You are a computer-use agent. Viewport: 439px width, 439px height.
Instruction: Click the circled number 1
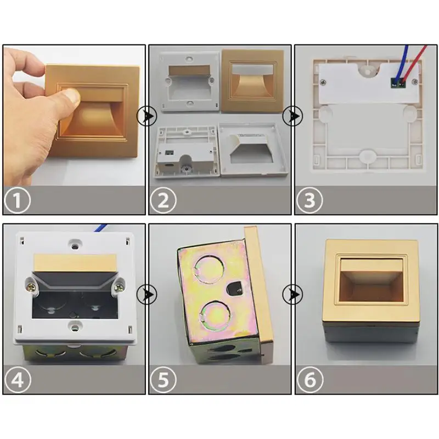18,200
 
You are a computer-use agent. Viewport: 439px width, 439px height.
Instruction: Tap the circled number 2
164,200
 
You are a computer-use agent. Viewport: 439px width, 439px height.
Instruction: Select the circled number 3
309,200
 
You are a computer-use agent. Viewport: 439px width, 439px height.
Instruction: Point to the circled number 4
18,380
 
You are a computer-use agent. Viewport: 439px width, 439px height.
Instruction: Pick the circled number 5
164,380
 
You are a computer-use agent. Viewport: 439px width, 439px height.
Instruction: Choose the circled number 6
309,380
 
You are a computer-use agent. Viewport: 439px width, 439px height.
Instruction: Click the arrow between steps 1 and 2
147,116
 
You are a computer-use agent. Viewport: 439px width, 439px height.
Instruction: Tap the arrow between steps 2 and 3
292,116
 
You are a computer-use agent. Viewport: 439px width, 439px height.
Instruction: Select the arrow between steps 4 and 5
147,294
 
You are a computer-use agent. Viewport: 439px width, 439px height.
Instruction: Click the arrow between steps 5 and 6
292,294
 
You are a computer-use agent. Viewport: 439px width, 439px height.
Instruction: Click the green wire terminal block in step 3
398,82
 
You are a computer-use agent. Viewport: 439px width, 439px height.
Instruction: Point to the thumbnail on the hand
74,96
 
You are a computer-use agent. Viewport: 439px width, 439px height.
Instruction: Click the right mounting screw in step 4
120,286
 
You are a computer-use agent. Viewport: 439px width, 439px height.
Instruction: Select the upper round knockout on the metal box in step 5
210,269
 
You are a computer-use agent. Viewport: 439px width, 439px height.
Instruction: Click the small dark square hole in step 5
235,289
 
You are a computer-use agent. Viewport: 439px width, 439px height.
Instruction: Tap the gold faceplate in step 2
253,81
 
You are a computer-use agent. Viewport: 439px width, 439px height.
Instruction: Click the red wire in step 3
414,63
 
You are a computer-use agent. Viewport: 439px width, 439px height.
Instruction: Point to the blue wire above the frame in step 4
100,228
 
